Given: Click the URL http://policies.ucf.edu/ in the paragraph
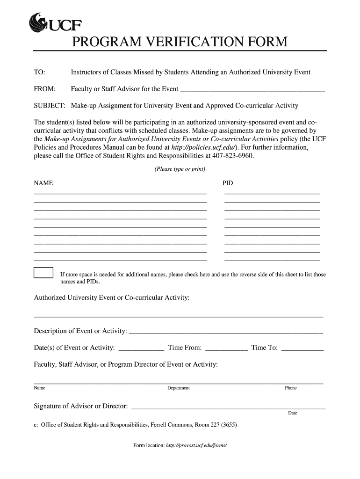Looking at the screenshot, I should click(x=198, y=147).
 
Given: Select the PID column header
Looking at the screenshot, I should click(x=227, y=182).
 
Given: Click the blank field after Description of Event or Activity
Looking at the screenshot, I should click(x=225, y=332).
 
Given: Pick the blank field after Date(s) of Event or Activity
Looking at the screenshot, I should click(x=142, y=348).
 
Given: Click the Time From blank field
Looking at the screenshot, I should click(x=226, y=348).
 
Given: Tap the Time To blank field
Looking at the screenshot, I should click(x=303, y=348).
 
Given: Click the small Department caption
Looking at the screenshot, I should click(x=179, y=388).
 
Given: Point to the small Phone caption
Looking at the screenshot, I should click(x=290, y=388).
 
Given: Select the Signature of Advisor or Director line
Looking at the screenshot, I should click(x=229, y=406).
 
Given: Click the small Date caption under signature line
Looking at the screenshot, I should click(x=292, y=414).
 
